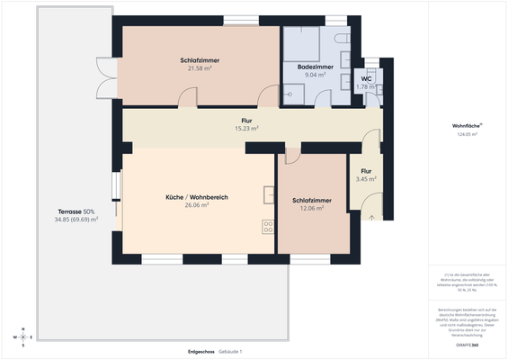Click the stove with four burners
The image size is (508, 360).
click(268, 225)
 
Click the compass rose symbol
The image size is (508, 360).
click(24, 337)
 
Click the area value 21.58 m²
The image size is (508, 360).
click(200, 68)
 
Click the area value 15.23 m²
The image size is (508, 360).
click(245, 128)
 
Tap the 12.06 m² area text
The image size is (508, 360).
click(311, 208)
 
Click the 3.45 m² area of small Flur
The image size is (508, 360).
click(366, 179)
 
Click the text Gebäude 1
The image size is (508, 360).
click(232, 350)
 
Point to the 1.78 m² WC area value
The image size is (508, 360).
click(366, 86)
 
